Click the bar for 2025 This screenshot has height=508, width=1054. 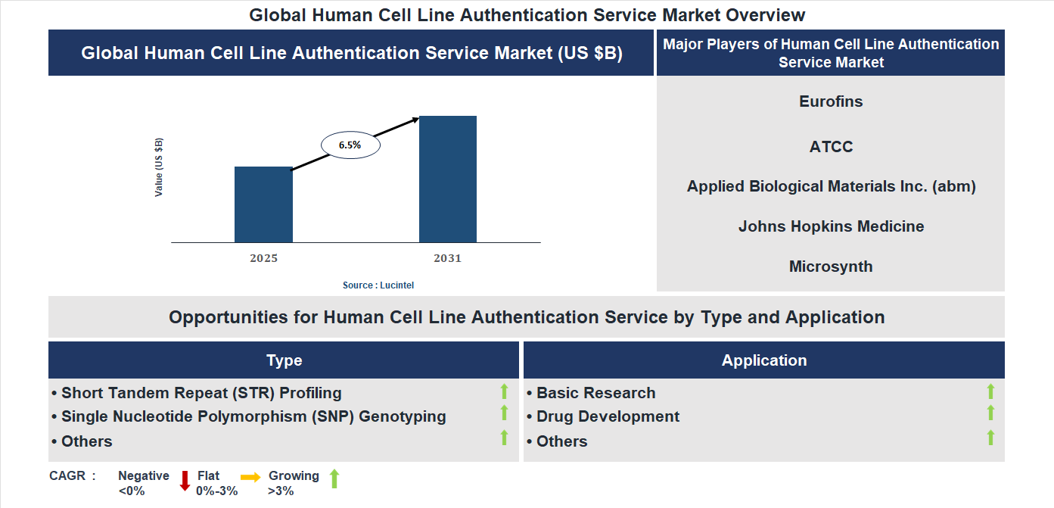[263, 204]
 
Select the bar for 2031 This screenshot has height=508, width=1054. [448, 179]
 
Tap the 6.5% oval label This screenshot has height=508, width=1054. [350, 144]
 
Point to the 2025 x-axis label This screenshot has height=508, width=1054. [263, 258]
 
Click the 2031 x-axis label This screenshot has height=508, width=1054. [447, 258]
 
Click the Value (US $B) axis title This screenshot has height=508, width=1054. [159, 167]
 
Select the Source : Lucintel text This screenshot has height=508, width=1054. [378, 285]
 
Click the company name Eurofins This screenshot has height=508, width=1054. [831, 101]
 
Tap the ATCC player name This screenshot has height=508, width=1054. [831, 147]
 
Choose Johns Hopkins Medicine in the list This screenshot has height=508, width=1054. [831, 226]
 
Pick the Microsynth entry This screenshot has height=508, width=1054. [831, 266]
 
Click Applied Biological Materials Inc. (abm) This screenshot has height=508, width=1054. [831, 186]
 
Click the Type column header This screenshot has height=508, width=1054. [284, 360]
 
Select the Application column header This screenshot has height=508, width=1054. [764, 360]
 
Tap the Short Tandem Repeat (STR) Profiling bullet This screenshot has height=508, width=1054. [201, 393]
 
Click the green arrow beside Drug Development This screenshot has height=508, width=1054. [990, 413]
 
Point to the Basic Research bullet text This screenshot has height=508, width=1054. [595, 393]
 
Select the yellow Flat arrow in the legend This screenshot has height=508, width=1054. [250, 477]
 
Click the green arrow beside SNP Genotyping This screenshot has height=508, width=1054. [504, 413]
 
